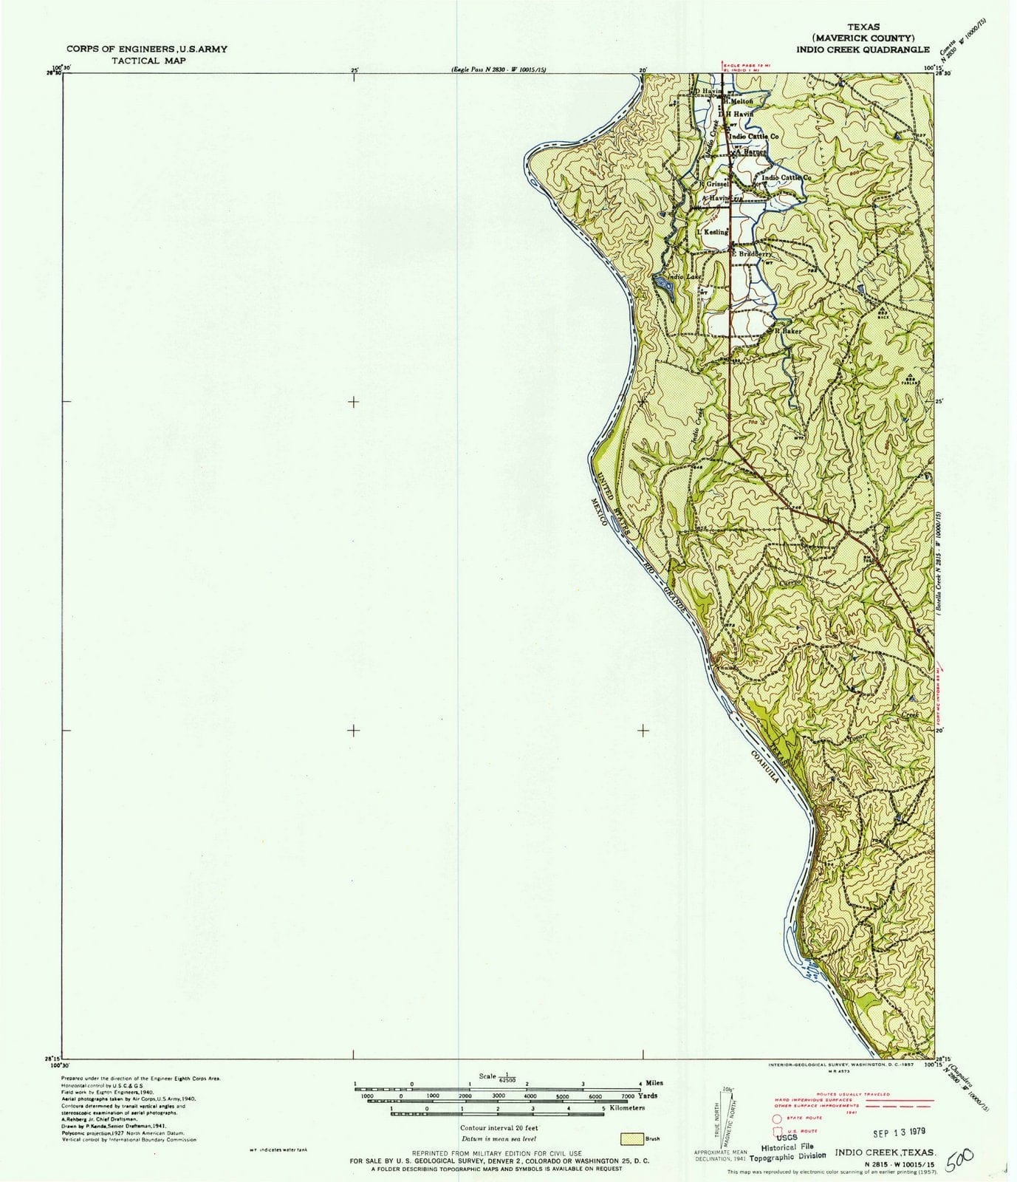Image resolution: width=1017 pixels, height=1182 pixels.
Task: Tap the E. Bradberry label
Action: pos(752,253)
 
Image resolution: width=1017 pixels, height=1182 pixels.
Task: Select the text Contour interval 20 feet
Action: pos(499,1128)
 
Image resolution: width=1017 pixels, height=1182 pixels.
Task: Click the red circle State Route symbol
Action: pos(777,1118)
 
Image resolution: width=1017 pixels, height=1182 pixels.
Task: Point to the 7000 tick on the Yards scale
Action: pos(628,1096)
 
